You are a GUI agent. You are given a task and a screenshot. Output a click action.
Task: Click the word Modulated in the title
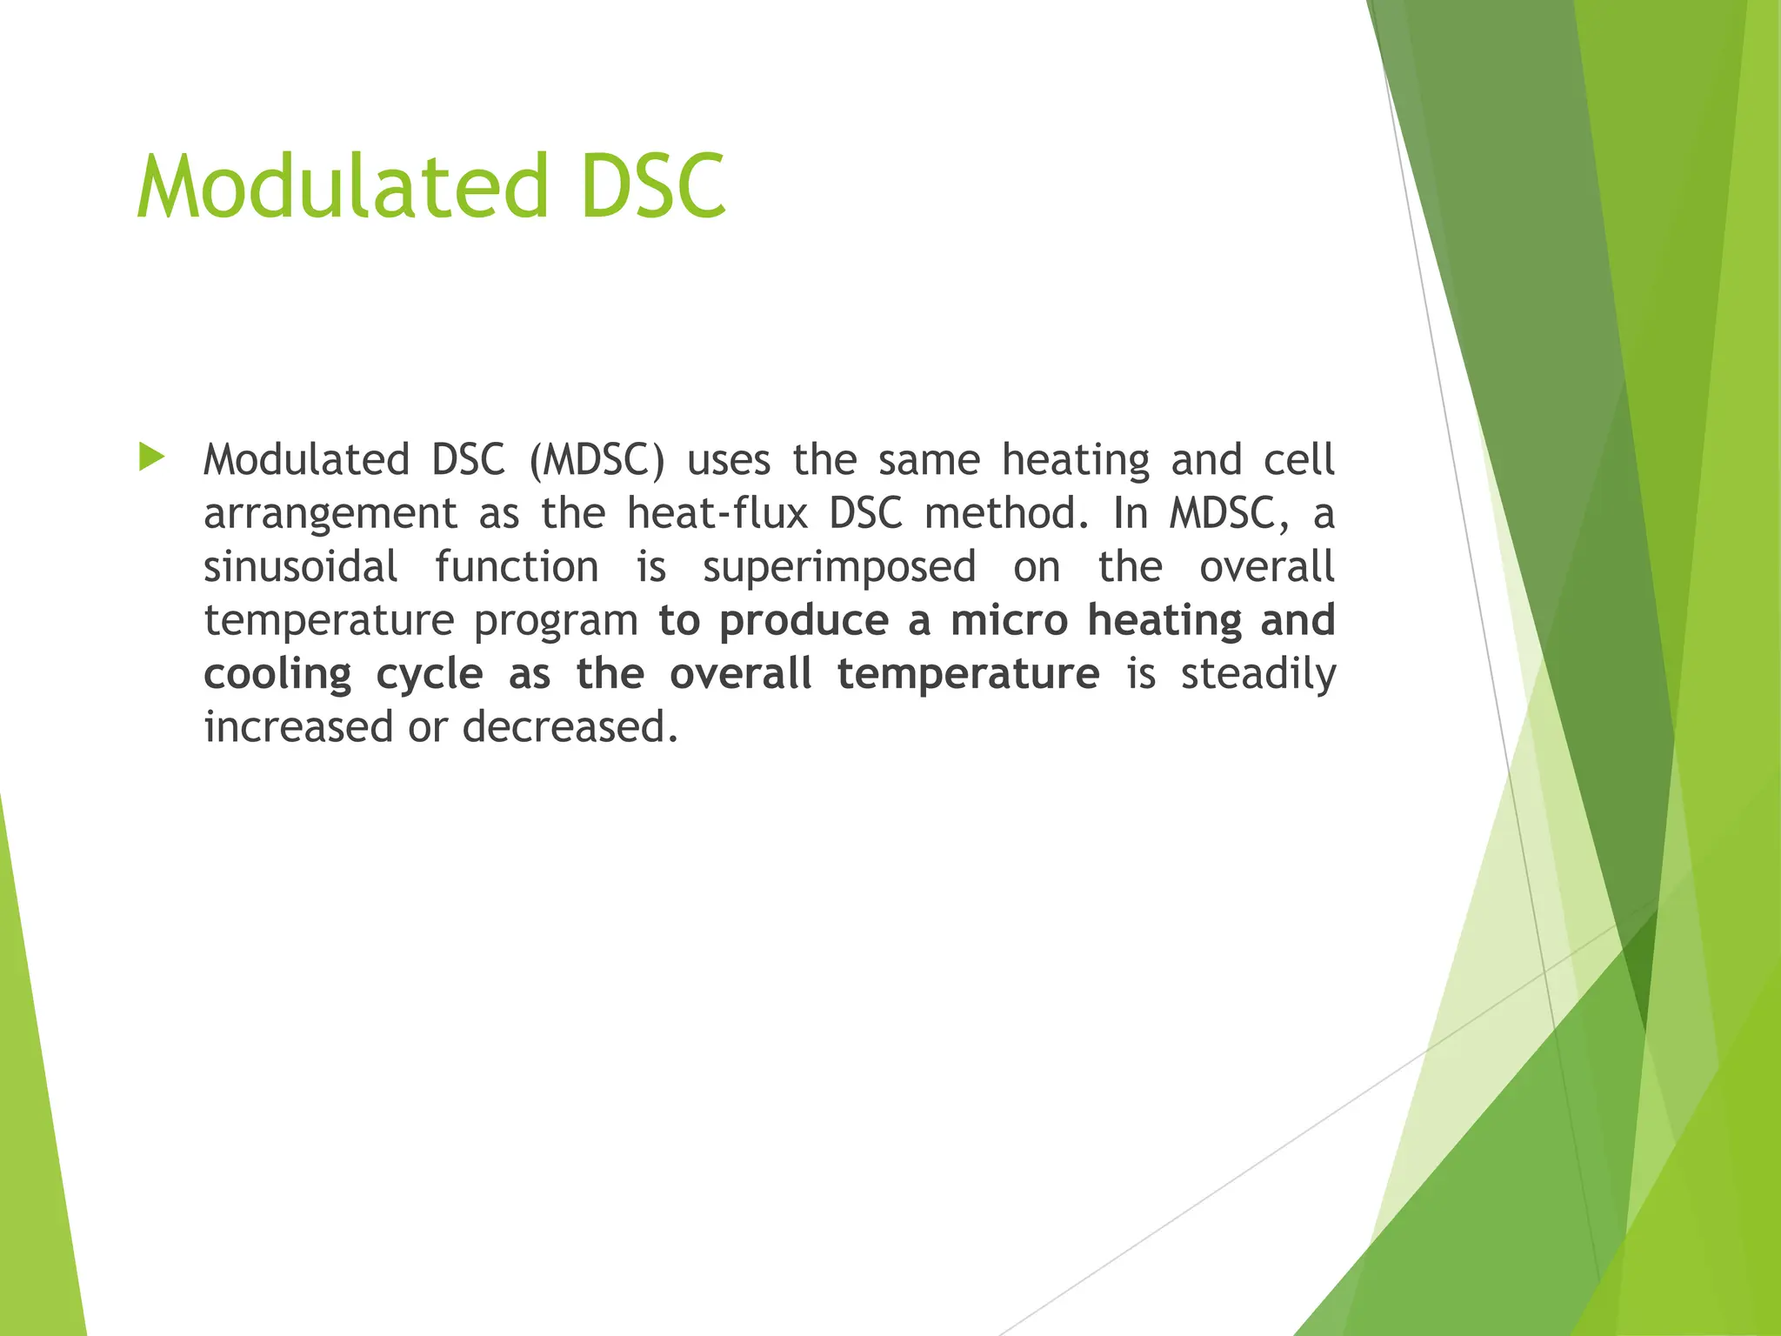tap(342, 186)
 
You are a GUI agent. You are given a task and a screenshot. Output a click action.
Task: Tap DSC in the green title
tap(652, 186)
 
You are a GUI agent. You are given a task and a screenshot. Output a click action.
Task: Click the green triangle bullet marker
tap(151, 457)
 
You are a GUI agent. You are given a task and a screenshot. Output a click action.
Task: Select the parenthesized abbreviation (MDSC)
tap(596, 460)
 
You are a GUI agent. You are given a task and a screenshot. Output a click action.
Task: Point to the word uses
tap(729, 460)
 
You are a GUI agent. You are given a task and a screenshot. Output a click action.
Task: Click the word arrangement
tap(330, 515)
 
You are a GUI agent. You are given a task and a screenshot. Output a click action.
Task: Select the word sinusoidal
tap(300, 567)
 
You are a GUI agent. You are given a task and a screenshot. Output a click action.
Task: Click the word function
tap(517, 567)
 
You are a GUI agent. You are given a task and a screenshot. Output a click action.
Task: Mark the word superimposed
tap(839, 569)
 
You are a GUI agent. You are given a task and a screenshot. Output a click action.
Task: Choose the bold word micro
tap(1009, 621)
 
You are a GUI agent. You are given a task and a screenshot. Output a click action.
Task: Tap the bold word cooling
tap(277, 675)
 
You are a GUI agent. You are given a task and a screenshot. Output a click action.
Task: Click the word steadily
tap(1257, 675)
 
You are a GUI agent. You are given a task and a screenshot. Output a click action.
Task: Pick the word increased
tap(298, 727)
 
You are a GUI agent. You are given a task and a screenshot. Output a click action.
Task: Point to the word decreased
tap(569, 727)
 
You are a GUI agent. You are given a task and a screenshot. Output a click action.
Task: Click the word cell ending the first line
tap(1299, 460)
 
